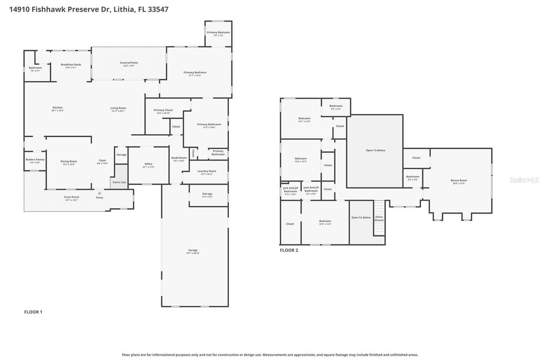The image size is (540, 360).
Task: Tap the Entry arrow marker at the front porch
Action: coord(100,193)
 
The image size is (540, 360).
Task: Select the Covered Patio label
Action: coord(129,63)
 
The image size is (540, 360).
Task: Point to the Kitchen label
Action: coord(57,108)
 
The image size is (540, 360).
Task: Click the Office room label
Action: coord(148,164)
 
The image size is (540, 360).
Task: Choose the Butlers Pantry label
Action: coord(35,160)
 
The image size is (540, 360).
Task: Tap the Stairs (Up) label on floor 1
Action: coord(119,182)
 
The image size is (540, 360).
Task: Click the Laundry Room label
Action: coord(207,171)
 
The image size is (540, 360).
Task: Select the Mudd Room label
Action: coord(179,158)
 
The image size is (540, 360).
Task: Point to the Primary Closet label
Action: coord(163,110)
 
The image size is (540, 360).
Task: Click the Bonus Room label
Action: coord(459,180)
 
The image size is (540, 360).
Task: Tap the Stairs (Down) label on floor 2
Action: coord(379,218)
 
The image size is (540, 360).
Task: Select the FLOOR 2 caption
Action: coord(289,250)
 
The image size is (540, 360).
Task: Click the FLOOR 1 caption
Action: coord(33,312)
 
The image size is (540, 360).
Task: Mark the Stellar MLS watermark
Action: coord(524,180)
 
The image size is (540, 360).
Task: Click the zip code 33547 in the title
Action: coord(158,9)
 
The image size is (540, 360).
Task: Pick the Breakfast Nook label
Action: coord(71,65)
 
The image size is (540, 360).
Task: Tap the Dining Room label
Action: coord(69,161)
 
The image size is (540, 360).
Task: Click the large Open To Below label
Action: coord(375,150)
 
